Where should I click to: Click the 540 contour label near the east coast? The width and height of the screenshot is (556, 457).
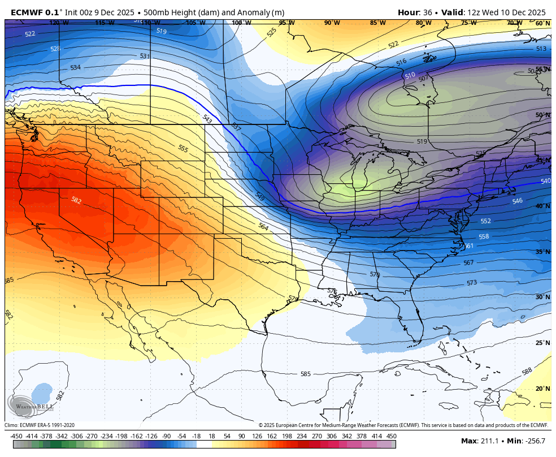545,181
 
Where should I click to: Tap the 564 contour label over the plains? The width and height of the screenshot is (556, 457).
263,226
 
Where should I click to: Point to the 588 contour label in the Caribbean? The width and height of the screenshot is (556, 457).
527,372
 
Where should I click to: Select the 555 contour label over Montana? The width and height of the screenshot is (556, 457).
183,148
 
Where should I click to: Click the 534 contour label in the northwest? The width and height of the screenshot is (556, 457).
75,67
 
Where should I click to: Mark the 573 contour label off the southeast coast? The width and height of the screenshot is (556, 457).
472,282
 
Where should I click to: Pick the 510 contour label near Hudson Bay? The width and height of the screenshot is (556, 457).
410,75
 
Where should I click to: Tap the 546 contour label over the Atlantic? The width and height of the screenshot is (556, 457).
517,201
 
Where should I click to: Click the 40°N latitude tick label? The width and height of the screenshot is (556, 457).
542,206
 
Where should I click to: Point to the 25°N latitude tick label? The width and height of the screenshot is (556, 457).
542,343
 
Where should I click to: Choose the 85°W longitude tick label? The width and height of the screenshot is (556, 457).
377,23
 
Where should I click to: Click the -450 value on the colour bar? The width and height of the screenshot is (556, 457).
16,436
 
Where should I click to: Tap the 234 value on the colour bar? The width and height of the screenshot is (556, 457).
302,436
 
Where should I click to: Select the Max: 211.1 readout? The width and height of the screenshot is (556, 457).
481,441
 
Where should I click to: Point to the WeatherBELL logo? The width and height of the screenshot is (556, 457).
31,404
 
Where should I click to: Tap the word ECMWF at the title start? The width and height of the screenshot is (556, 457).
27,12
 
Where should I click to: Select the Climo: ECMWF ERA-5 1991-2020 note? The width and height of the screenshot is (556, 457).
40,425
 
